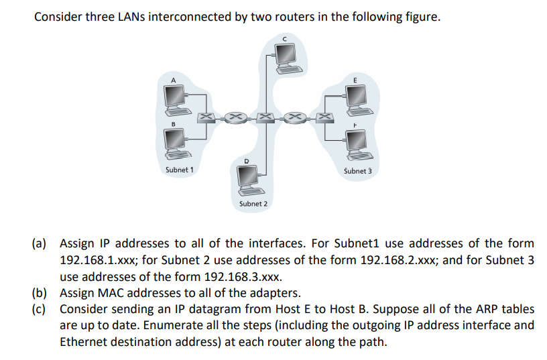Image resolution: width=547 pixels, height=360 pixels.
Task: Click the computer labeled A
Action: click(175, 100)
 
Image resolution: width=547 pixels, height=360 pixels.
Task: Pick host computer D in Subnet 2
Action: click(247, 176)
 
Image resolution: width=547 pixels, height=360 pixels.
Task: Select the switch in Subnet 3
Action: click(324, 119)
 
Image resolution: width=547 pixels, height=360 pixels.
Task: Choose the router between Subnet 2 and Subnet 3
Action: click(295, 119)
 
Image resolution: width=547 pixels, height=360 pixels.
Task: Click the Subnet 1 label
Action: click(179, 170)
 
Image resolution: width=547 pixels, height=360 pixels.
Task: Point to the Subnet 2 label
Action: click(253, 203)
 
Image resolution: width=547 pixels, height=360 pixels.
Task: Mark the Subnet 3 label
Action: click(357, 170)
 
